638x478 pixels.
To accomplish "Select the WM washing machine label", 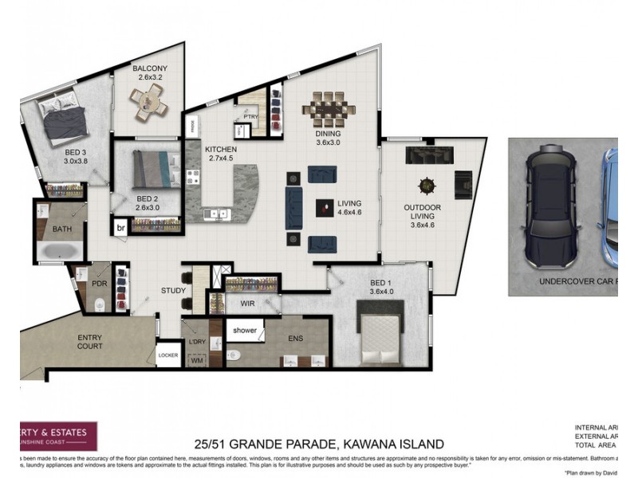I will (x=195, y=360).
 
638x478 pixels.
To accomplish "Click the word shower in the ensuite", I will (x=244, y=329).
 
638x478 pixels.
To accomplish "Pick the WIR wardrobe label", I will (x=246, y=304).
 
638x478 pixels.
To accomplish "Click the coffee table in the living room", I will (x=324, y=208).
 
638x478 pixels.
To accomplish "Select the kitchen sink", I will (x=216, y=214).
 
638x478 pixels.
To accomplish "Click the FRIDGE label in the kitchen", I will (x=192, y=124).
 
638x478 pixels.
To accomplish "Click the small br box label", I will (x=121, y=227).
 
